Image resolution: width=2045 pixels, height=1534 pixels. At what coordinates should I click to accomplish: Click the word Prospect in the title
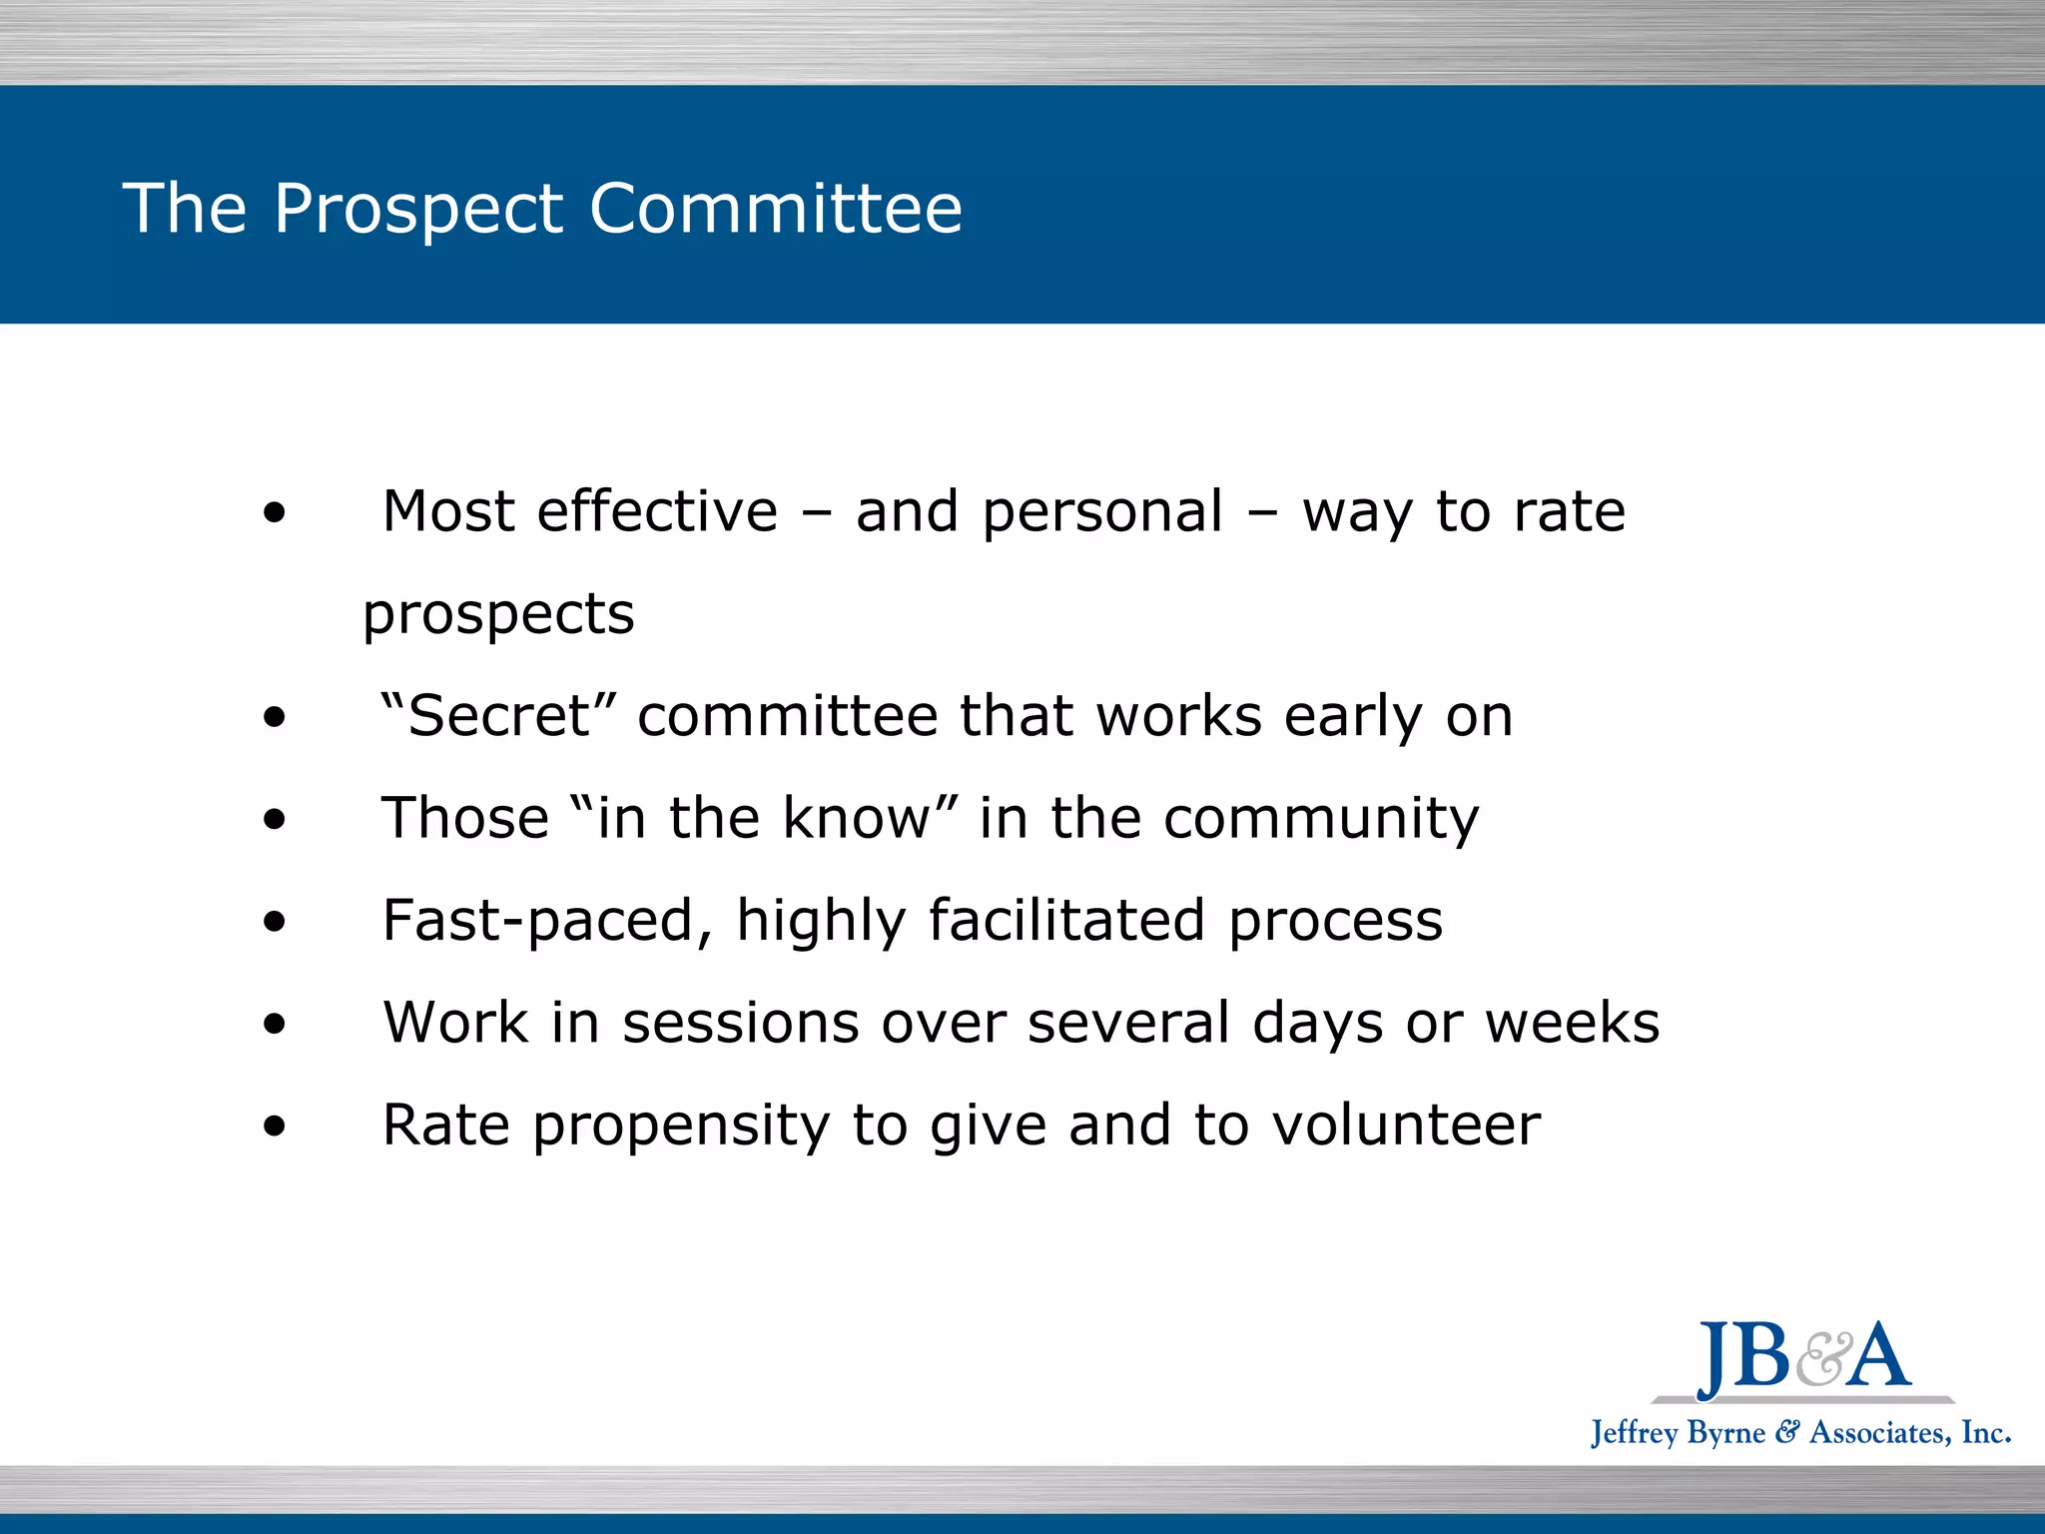coord(418,209)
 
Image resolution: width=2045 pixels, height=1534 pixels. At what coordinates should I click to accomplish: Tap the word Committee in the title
coord(776,209)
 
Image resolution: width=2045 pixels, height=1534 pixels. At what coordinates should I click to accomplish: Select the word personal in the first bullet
coord(1102,513)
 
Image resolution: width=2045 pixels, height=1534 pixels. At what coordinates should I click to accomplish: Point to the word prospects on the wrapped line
coord(498,615)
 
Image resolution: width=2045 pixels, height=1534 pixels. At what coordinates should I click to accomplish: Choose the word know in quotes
coord(857,818)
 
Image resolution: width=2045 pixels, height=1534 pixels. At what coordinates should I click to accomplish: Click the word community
coord(1321,820)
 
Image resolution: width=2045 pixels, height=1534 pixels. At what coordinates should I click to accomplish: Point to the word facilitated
coord(1066,920)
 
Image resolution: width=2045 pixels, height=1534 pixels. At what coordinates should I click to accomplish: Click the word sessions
coord(740,1024)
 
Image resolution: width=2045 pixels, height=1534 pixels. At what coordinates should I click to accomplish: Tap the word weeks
coord(1572,1024)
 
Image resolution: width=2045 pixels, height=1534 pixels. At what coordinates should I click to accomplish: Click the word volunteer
coord(1406,1126)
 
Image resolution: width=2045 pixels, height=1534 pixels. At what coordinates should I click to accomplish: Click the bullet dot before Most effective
coord(275,514)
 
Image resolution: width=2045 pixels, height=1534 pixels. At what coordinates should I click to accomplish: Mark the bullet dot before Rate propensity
coord(275,1128)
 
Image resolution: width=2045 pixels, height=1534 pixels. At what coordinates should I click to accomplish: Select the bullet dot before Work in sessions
coord(275,1025)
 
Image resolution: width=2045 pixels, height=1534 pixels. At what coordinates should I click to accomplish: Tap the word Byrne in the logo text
coord(1724,1434)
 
